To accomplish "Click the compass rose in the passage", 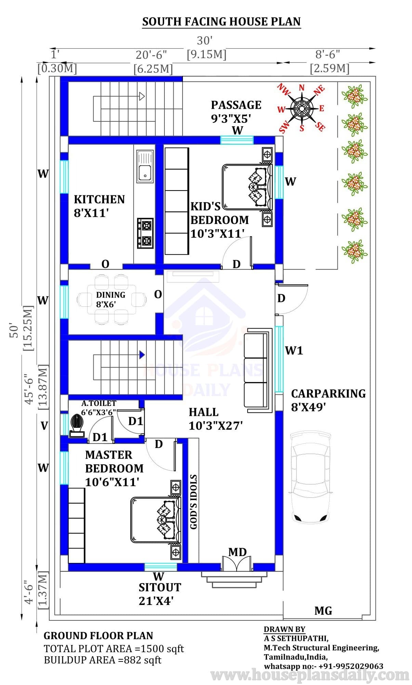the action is click(x=302, y=108).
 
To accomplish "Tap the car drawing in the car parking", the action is click(x=311, y=477).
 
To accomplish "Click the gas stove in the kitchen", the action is click(x=146, y=233).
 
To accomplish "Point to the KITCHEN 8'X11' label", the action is click(x=99, y=206).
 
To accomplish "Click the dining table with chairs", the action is click(x=111, y=299).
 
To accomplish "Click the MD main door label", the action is click(x=237, y=552).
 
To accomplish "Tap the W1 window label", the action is click(x=294, y=350).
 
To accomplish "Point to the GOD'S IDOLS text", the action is click(x=194, y=502).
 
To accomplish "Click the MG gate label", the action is click(x=323, y=610).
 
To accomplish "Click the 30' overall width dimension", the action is click(x=205, y=41).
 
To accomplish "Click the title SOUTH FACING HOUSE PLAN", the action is click(x=222, y=22).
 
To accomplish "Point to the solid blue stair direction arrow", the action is click(x=142, y=355).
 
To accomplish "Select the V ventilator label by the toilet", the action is click(x=44, y=426).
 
